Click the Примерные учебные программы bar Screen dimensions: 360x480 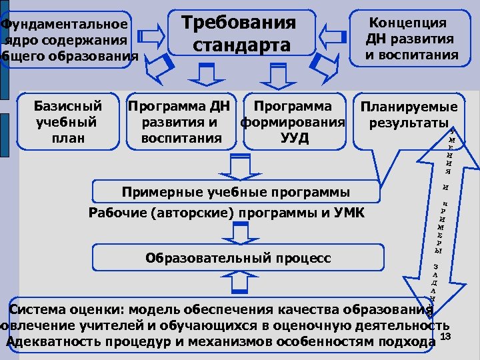click(235, 192)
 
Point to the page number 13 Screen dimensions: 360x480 click(447, 335)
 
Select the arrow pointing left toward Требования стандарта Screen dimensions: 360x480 click(333, 32)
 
